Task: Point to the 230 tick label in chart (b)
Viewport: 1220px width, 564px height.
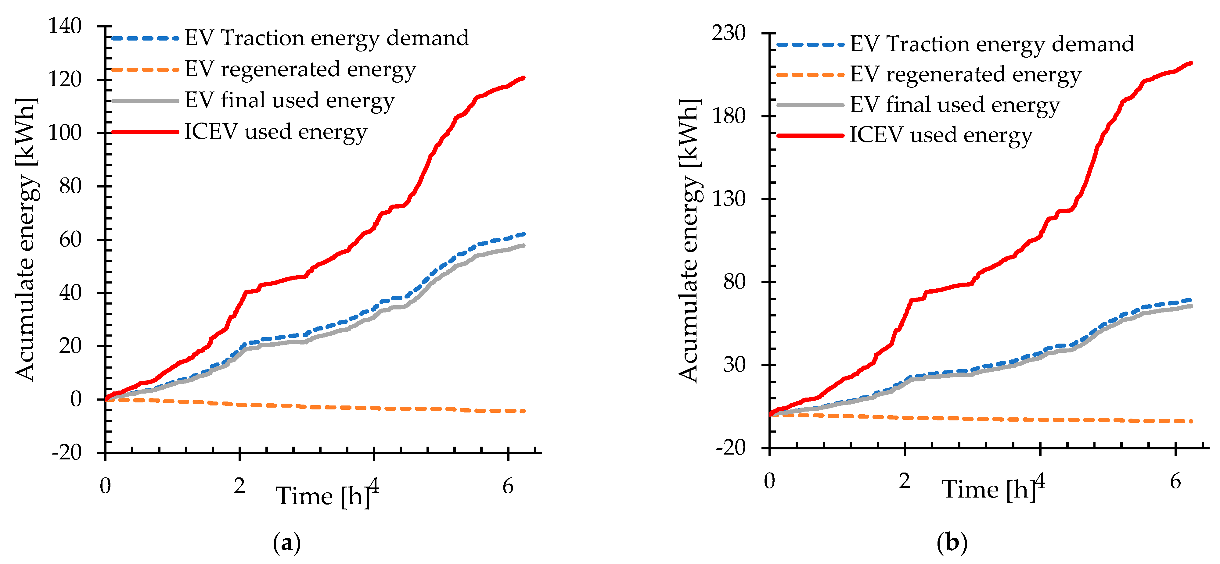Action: tap(729, 33)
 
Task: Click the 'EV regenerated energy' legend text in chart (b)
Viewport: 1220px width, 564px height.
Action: tap(966, 74)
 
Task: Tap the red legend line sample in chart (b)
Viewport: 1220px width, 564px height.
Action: tap(810, 135)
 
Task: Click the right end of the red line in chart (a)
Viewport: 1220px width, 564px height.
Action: tap(523, 78)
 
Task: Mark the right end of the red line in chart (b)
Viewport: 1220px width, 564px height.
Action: tap(1191, 63)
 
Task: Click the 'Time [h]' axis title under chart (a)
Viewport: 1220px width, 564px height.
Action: tap(323, 496)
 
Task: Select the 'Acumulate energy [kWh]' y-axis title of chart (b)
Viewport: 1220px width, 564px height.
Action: tap(689, 240)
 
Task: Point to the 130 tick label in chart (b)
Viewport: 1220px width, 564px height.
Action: tap(729, 199)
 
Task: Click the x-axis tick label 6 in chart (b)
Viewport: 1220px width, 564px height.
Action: tap(1175, 482)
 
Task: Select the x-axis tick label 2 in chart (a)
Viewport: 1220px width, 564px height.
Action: tap(239, 486)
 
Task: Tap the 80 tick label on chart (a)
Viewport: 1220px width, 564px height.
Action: tap(70, 186)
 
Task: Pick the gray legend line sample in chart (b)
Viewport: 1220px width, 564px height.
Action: tap(810, 105)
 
